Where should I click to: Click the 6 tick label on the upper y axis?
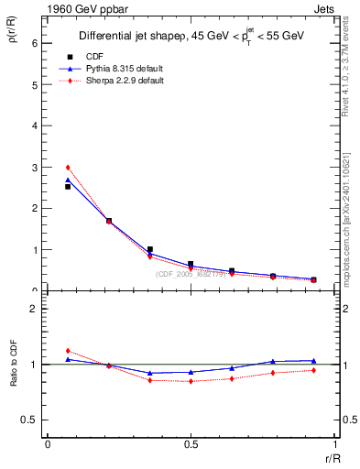(x=34, y=43)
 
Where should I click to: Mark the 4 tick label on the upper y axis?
(x=34, y=126)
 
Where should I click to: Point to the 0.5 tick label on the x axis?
(x=191, y=444)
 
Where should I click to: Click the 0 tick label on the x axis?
(x=48, y=444)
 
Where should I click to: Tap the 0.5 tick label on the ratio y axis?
(x=30, y=420)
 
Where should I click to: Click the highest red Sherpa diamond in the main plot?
(x=68, y=168)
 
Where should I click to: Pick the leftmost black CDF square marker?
(x=68, y=187)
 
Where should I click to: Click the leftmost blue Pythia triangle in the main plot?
(x=68, y=180)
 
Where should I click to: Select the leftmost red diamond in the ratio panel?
(x=68, y=351)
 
